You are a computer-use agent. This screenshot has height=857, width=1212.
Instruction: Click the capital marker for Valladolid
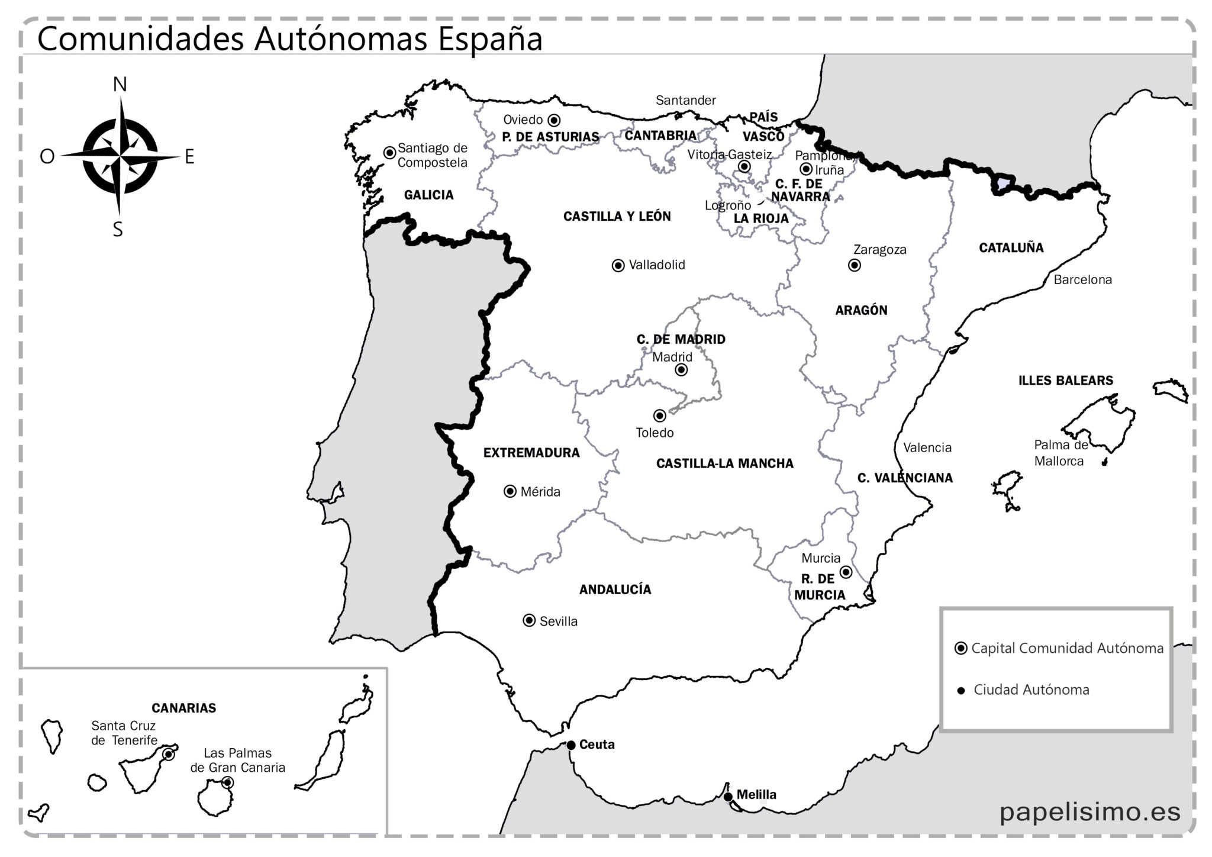coord(618,266)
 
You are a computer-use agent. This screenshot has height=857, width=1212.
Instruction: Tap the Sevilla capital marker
coord(529,620)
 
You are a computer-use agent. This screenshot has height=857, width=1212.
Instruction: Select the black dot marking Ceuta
coord(570,745)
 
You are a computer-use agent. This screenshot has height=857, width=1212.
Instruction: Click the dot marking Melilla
coord(728,797)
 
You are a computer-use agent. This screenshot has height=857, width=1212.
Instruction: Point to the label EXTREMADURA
coord(531,453)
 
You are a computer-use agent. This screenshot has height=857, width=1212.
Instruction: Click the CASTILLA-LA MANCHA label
coord(724,463)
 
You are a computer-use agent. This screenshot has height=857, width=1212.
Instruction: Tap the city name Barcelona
coord(1082,280)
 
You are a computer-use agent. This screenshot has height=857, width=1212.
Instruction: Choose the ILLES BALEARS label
coord(1065,381)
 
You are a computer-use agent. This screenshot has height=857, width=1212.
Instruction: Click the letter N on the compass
coord(120,85)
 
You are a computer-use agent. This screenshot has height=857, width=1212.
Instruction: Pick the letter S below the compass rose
coord(118,230)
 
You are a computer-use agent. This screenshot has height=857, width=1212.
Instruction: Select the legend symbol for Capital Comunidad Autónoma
coord(961,648)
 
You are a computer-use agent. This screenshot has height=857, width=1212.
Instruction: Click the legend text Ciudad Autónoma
coord(1031,690)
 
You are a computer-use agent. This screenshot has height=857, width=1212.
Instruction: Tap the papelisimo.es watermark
coord(1089,811)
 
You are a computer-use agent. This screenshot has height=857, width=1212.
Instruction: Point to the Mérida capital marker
coord(510,491)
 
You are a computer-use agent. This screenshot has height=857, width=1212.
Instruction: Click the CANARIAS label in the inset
coord(183,708)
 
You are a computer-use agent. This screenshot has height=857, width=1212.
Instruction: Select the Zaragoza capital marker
coord(854,265)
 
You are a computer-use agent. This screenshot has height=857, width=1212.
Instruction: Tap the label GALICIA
coord(428,195)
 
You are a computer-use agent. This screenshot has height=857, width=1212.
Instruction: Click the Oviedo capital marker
coord(554,120)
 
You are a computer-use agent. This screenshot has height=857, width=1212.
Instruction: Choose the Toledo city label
coord(655,433)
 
